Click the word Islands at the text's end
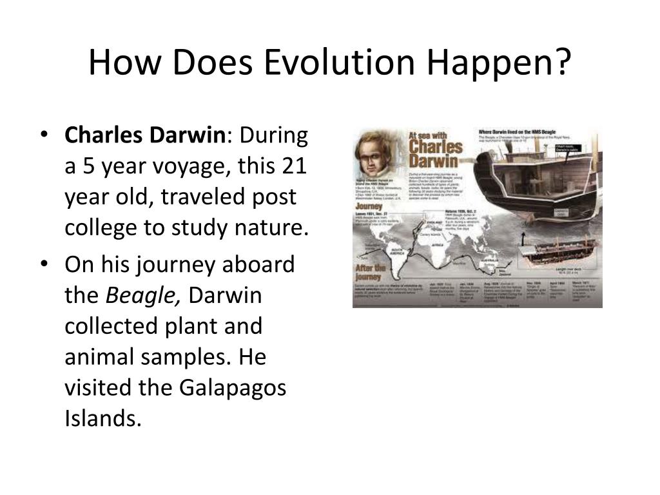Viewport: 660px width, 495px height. pyautogui.click(x=102, y=419)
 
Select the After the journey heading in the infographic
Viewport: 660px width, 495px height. pyautogui.click(x=371, y=270)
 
